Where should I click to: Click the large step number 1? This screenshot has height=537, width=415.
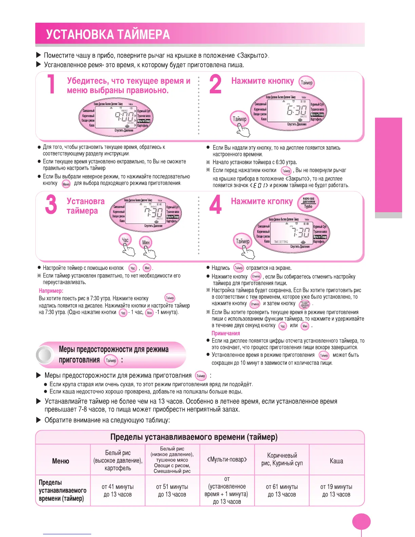[51, 84]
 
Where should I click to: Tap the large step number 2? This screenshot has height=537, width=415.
[215, 84]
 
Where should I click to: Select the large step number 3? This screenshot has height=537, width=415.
[51, 204]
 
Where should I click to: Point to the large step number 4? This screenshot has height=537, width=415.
[215, 204]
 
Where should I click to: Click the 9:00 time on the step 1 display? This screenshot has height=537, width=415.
[124, 117]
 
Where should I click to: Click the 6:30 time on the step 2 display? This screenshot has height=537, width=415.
[296, 110]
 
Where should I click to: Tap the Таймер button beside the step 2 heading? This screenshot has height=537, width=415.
[307, 83]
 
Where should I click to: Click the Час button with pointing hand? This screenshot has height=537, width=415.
[125, 240]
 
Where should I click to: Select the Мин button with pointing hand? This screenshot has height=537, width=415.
[146, 242]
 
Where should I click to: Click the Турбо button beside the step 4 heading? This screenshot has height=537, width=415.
[308, 203]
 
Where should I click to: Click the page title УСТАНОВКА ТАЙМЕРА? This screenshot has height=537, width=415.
[108, 35]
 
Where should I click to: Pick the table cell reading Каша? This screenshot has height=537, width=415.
[336, 461]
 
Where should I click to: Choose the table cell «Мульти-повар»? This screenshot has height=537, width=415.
[227, 460]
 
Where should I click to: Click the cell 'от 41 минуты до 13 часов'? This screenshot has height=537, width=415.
[118, 491]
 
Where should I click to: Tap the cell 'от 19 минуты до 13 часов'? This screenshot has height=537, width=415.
[336, 491]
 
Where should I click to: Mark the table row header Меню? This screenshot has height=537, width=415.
[61, 461]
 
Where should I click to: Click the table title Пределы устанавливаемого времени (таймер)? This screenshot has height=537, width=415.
[194, 437]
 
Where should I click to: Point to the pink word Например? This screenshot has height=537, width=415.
[51, 291]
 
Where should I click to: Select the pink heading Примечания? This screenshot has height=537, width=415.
[226, 333]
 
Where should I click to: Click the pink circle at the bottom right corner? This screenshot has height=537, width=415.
[361, 522]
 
